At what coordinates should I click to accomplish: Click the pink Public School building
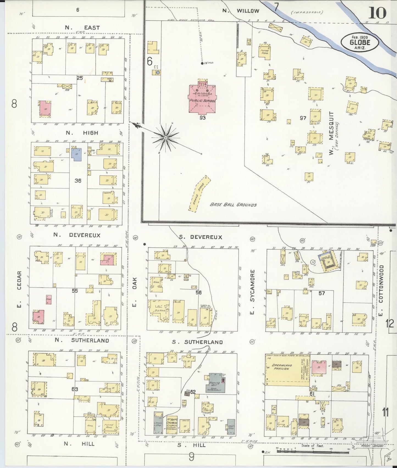point(202,99)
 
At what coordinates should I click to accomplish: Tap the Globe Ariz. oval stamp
point(360,42)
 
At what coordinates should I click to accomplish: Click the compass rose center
point(166,137)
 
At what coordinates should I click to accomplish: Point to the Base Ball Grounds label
point(233,205)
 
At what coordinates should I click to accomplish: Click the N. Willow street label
point(240,11)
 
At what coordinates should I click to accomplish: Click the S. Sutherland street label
point(197,342)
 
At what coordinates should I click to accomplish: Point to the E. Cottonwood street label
point(381,284)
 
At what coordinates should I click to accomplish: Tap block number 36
point(78,180)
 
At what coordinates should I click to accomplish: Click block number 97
point(303,118)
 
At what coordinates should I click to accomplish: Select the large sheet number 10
point(377,13)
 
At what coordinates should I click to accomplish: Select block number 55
point(75,291)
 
